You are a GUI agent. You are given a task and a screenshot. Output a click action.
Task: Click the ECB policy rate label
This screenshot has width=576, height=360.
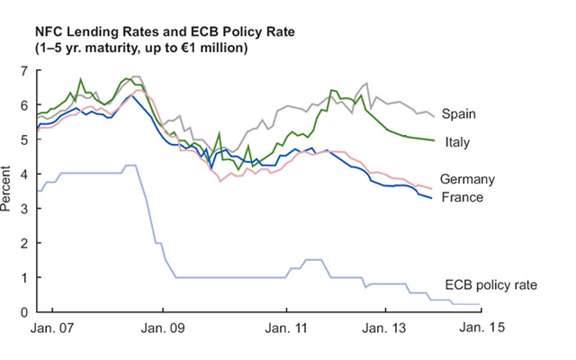pos(491,284)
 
